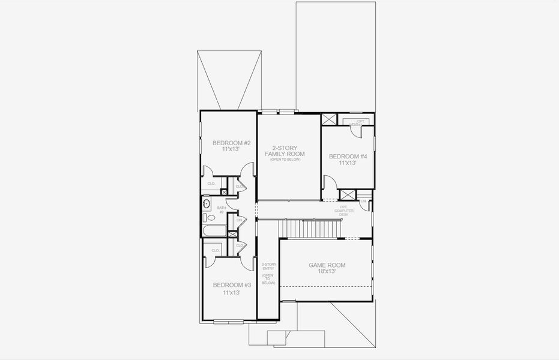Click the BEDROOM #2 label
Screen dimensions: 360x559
tap(231, 143)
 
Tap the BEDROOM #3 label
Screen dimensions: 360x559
tap(231, 285)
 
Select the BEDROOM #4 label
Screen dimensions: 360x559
tap(348, 157)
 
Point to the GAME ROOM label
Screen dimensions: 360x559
tap(327, 265)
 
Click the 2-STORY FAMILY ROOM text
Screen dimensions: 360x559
tap(285, 151)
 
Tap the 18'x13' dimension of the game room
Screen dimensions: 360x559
tap(327, 272)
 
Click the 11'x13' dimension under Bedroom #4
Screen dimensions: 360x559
tap(348, 163)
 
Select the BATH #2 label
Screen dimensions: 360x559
tap(220, 210)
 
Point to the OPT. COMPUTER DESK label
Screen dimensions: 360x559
tap(347, 211)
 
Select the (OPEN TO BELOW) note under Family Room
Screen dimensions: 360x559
tap(285, 160)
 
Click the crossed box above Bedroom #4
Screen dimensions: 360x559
tap(329, 119)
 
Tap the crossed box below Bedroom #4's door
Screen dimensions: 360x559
tap(348, 194)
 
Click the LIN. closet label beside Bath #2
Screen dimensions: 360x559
tap(238, 221)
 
